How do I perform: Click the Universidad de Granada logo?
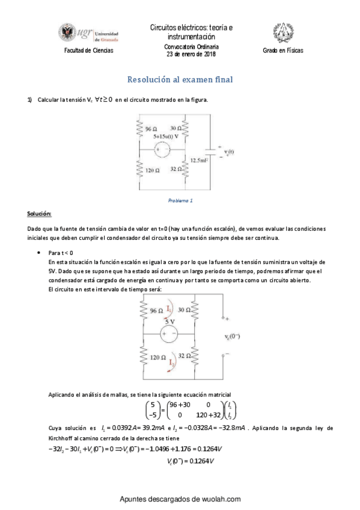pyautogui.click(x=88, y=34)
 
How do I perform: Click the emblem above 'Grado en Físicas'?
pyautogui.click(x=282, y=32)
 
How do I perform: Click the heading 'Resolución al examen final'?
pyautogui.click(x=180, y=79)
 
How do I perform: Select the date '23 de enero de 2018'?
pyautogui.click(x=191, y=54)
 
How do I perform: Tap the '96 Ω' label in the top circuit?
pyautogui.click(x=151, y=129)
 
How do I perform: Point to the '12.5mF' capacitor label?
pyautogui.click(x=200, y=160)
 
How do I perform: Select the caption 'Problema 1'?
pyautogui.click(x=180, y=200)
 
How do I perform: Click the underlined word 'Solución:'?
pyautogui.click(x=39, y=214)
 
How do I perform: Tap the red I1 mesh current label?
pyautogui.click(x=170, y=310)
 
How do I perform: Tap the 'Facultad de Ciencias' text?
pyautogui.click(x=88, y=51)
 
